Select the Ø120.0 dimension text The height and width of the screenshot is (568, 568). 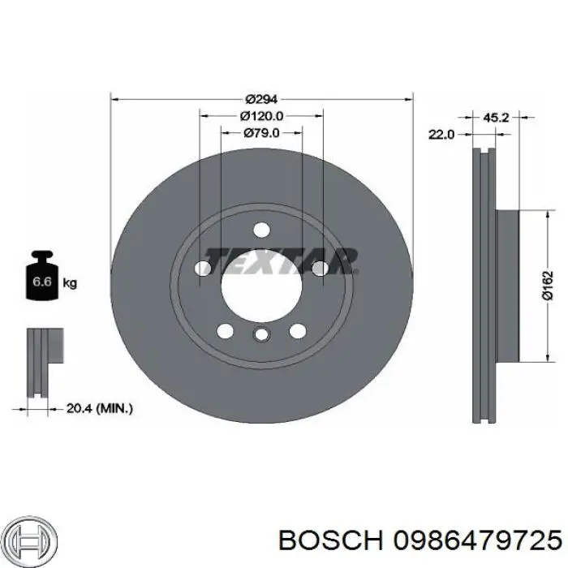point(261,116)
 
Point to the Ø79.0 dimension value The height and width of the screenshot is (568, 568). point(261,132)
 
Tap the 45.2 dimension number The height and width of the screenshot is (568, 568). point(495,118)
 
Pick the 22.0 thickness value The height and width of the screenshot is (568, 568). point(440,134)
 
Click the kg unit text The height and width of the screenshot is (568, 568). point(70,283)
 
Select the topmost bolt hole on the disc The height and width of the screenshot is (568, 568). point(260,230)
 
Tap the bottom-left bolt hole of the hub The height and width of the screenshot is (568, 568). point(226,331)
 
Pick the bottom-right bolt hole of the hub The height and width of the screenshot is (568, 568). point(298,331)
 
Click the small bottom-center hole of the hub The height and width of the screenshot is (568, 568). point(261,335)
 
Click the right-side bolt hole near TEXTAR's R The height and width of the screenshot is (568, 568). point(320,268)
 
